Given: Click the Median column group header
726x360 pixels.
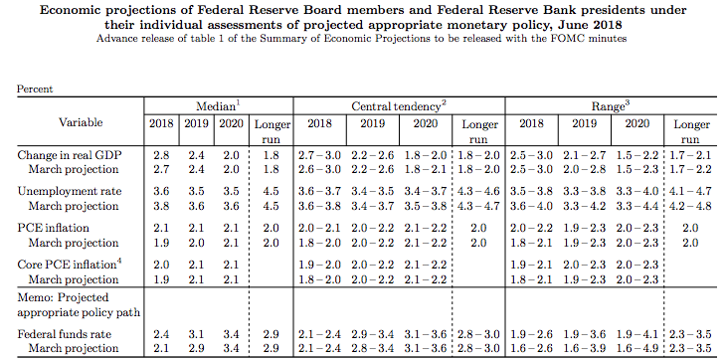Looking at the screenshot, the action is pyautogui.click(x=218, y=106).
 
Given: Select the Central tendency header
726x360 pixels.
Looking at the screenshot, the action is pyautogui.click(x=399, y=106).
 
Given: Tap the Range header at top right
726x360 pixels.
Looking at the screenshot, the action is pyautogui.click(x=611, y=106).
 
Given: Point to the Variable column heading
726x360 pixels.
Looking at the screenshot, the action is pyautogui.click(x=81, y=122).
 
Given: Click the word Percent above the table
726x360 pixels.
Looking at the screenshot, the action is pyautogui.click(x=35, y=89).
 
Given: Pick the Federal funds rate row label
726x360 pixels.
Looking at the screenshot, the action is pyautogui.click(x=65, y=334).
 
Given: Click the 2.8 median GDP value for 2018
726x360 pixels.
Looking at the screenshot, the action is pyautogui.click(x=161, y=155).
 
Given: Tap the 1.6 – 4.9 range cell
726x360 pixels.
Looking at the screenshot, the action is pyautogui.click(x=637, y=348).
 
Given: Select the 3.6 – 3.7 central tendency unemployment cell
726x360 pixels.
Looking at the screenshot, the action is pyautogui.click(x=320, y=192).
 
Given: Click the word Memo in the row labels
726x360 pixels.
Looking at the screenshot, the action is pyautogui.click(x=31, y=297).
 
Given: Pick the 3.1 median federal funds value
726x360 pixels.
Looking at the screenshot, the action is pyautogui.click(x=196, y=334).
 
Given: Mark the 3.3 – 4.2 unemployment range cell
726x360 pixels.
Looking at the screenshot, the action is pyautogui.click(x=585, y=206).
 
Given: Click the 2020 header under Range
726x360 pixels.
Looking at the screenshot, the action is pyautogui.click(x=637, y=124).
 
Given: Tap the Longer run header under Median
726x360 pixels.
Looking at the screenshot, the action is pyautogui.click(x=272, y=132).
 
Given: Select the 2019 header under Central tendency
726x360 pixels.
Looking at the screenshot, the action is pyautogui.click(x=373, y=124).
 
